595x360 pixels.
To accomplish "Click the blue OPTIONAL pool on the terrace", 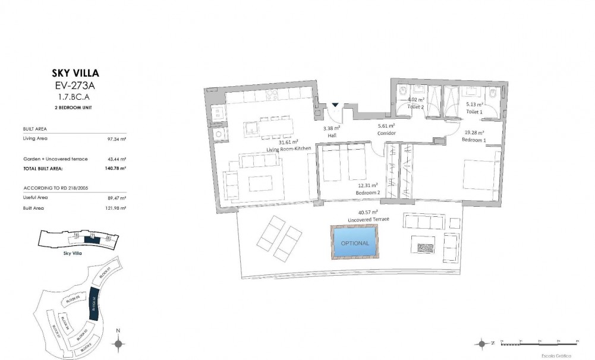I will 355,243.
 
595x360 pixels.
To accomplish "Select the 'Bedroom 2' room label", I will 367,193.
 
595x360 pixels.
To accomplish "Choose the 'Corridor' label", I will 386,133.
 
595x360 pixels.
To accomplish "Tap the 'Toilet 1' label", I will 474,111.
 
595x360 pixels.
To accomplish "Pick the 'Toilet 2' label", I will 415,108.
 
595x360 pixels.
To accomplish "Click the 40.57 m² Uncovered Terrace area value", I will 369,212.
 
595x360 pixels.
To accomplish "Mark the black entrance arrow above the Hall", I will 336,105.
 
